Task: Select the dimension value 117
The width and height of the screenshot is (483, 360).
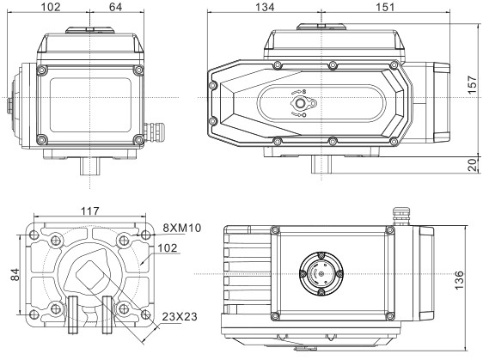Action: (89, 211)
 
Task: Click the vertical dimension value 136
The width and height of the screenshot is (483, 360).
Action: (462, 280)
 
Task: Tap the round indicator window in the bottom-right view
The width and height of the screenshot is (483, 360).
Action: (319, 274)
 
